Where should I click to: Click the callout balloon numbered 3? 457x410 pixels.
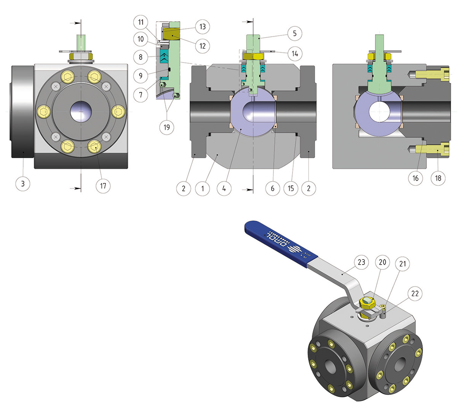point(23,184)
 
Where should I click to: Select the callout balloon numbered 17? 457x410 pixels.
point(103,186)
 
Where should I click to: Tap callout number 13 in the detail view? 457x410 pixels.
point(202,26)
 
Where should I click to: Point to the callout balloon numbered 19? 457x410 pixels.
point(166,127)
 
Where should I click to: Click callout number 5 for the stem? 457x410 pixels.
point(294,33)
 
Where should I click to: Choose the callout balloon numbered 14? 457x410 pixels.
point(295,54)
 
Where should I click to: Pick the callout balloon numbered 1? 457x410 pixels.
point(203,188)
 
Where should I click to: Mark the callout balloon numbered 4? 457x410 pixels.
point(224,188)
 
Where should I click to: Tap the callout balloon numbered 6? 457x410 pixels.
point(272,188)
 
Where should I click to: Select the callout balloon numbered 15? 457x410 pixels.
point(291,188)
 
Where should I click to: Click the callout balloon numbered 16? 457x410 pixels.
point(415,178)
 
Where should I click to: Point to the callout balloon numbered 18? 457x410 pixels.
point(438,178)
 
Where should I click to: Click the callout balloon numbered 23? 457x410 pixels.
point(361,262)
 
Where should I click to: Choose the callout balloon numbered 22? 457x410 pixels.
point(415,293)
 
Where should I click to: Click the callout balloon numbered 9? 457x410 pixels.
point(141,75)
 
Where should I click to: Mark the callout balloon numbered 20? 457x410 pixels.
point(382,262)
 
